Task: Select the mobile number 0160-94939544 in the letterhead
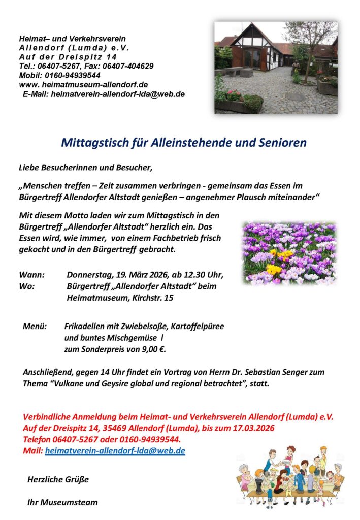click(71, 75)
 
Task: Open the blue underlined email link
click(115, 450)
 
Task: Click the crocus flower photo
click(289, 252)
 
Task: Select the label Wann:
click(31, 275)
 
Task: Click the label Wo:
click(27, 286)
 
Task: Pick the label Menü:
click(35, 326)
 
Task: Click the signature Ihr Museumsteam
click(62, 503)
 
